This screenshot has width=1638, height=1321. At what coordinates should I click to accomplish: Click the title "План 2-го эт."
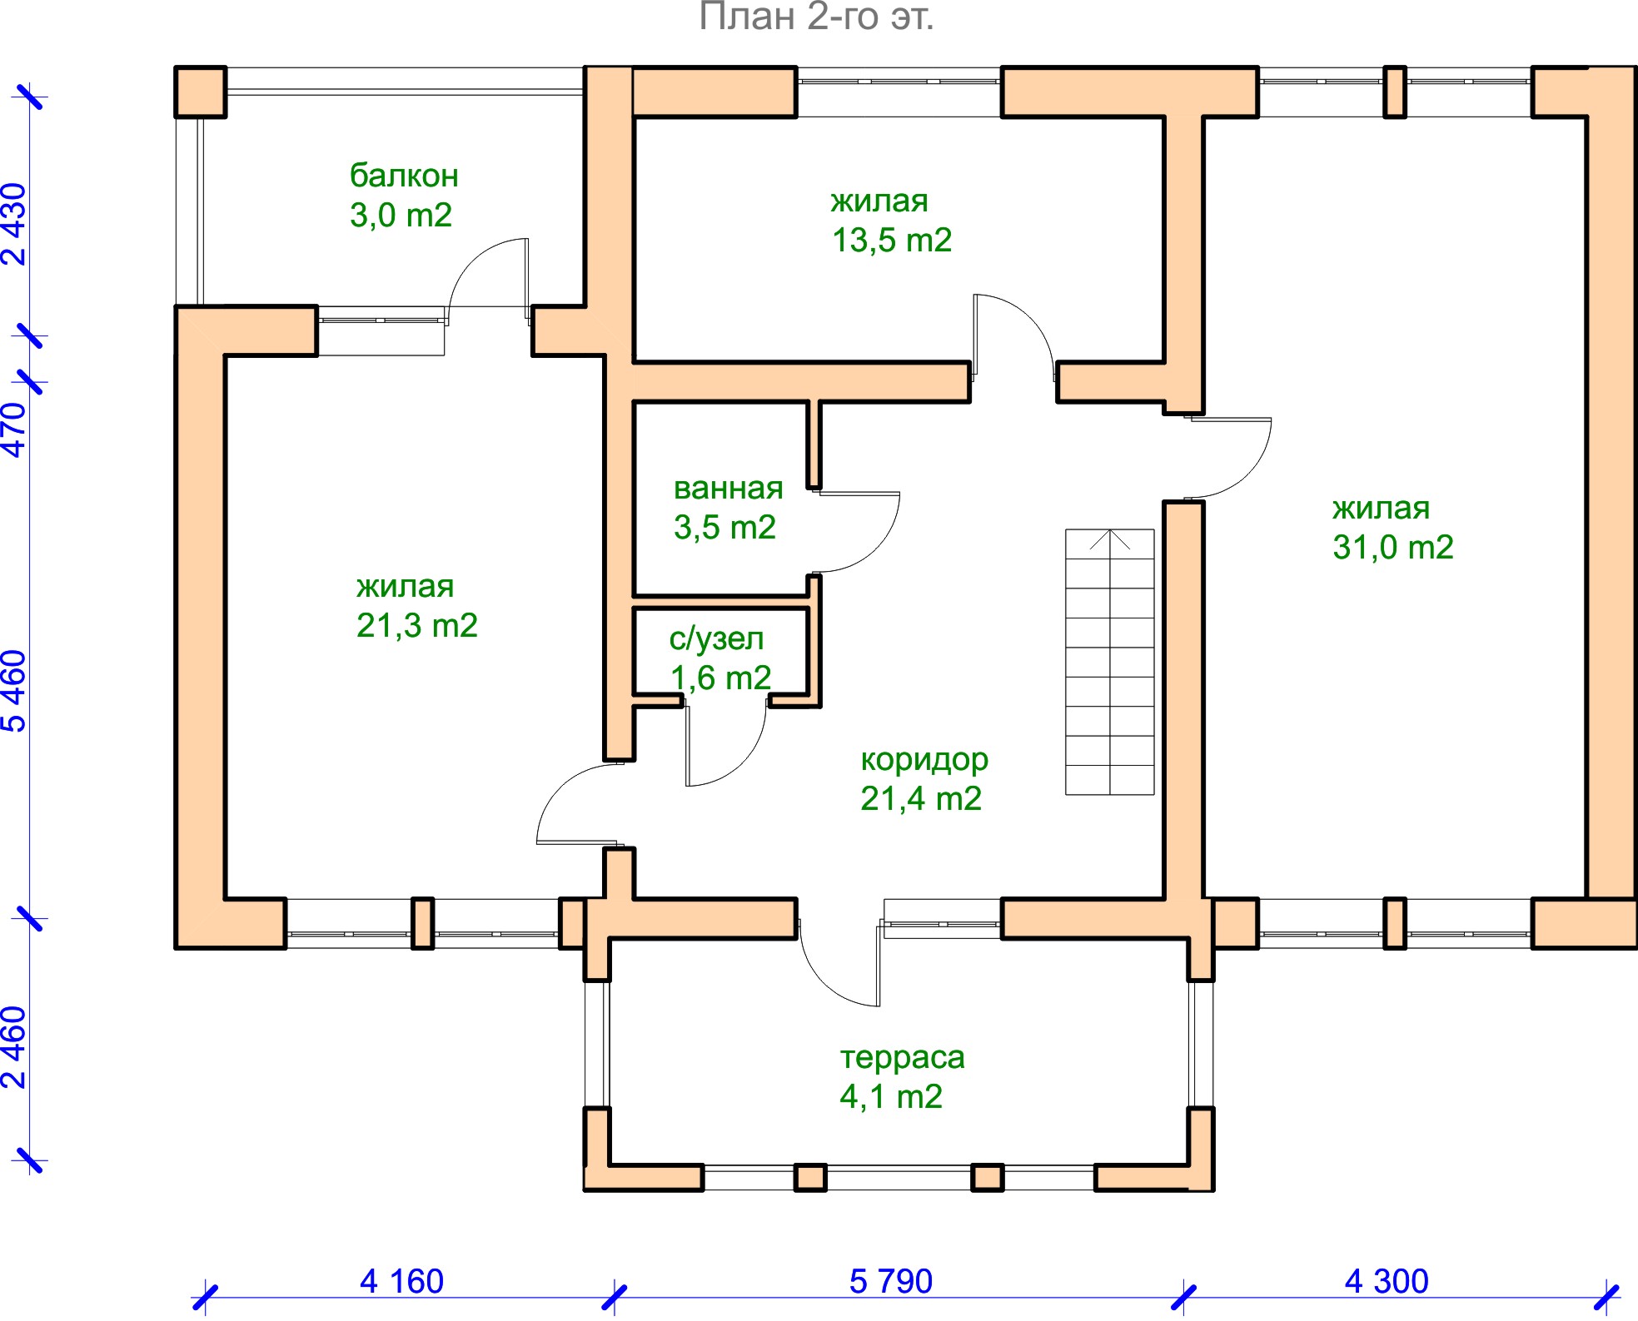[x=816, y=17]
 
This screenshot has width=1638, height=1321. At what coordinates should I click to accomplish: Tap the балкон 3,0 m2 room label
[x=404, y=196]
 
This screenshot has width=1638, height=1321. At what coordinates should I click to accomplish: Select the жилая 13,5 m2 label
[x=891, y=221]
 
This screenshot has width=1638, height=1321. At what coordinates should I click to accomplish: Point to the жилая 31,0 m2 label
[x=1393, y=528]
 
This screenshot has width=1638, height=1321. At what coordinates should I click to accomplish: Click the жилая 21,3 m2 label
[x=417, y=606]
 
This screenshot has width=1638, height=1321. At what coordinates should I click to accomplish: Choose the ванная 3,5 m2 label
[x=728, y=508]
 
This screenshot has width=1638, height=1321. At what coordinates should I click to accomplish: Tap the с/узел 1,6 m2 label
[x=720, y=658]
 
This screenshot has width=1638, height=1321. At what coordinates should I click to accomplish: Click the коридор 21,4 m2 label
[x=923, y=779]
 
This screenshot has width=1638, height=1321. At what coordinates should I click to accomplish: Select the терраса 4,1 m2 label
[x=902, y=1077]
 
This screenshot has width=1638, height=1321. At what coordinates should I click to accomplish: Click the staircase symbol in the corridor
[x=1110, y=662]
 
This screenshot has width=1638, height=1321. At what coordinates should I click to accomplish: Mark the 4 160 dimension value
[x=401, y=1281]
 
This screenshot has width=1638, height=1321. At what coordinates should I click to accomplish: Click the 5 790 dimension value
[x=891, y=1281]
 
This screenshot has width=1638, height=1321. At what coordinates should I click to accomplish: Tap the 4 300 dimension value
[x=1387, y=1281]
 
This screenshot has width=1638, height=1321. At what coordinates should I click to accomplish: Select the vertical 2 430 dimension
[x=15, y=224]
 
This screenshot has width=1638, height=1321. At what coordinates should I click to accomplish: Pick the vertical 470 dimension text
[x=15, y=430]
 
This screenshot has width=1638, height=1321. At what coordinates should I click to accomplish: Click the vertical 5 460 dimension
[x=15, y=691]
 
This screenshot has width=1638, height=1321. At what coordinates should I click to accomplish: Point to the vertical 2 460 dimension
[x=15, y=1048]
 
